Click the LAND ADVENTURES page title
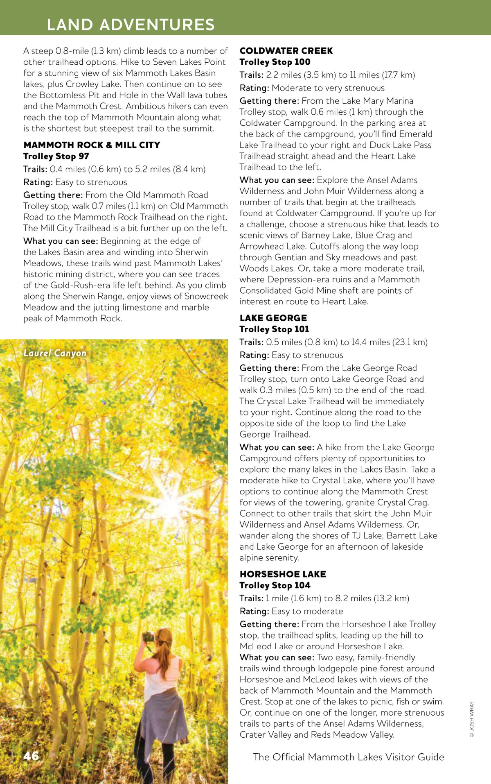coord(131,25)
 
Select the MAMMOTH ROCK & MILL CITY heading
coord(92,145)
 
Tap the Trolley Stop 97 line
coord(56,156)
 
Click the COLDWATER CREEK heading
coord(286,51)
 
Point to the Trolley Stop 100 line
coord(275,62)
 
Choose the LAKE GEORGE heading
coord(273,318)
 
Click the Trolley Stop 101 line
coord(274,329)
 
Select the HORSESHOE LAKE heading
coord(283,574)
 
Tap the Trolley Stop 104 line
coord(275,585)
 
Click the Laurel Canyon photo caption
coord(55,353)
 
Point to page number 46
coord(31,756)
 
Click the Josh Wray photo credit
coord(471,719)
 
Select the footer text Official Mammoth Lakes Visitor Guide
coord(348,757)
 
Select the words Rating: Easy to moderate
coord(291,611)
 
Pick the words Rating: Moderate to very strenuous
coord(312,88)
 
